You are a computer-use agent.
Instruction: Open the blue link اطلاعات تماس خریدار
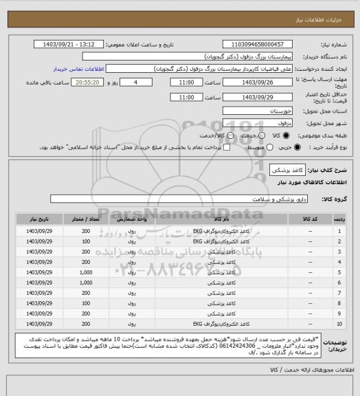tap(78, 69)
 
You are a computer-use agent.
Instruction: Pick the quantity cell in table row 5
tap(86, 274)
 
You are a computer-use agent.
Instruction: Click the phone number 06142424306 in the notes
tap(140, 346)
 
